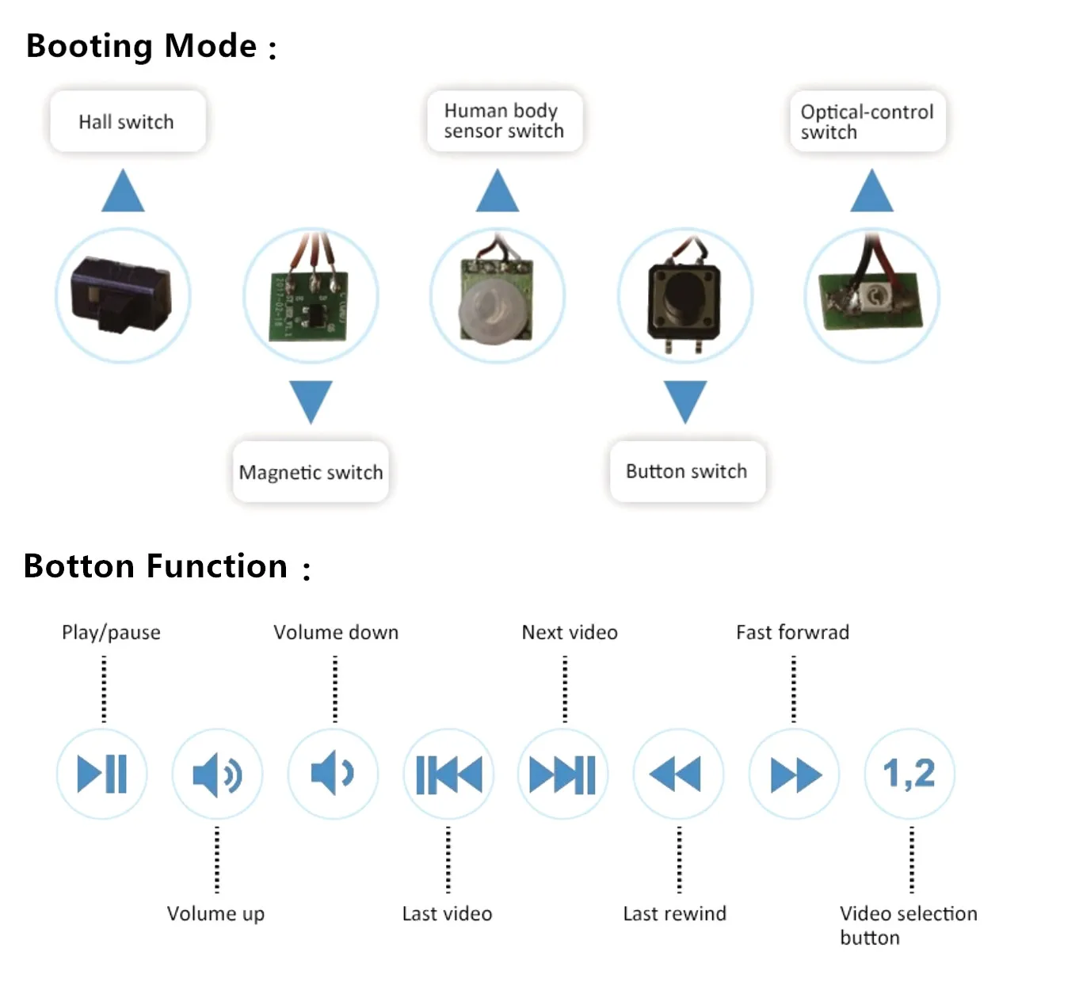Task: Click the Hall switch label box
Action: point(127,121)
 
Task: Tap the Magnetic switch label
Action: point(311,472)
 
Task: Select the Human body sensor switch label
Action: point(504,121)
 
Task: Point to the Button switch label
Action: point(686,471)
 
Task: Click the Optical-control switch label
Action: point(867,121)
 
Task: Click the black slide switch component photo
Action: point(122,295)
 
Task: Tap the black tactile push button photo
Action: point(684,298)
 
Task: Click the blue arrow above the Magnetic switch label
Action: point(311,401)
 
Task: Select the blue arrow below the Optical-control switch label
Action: point(871,192)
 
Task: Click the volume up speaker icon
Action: point(217,774)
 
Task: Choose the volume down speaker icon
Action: point(333,773)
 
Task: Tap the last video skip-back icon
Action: point(448,774)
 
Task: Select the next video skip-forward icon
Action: point(562,774)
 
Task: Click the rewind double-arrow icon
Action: point(677,774)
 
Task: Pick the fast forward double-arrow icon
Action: point(795,775)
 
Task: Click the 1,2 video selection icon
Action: point(909,773)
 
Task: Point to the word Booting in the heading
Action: point(89,46)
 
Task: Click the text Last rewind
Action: point(674,913)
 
